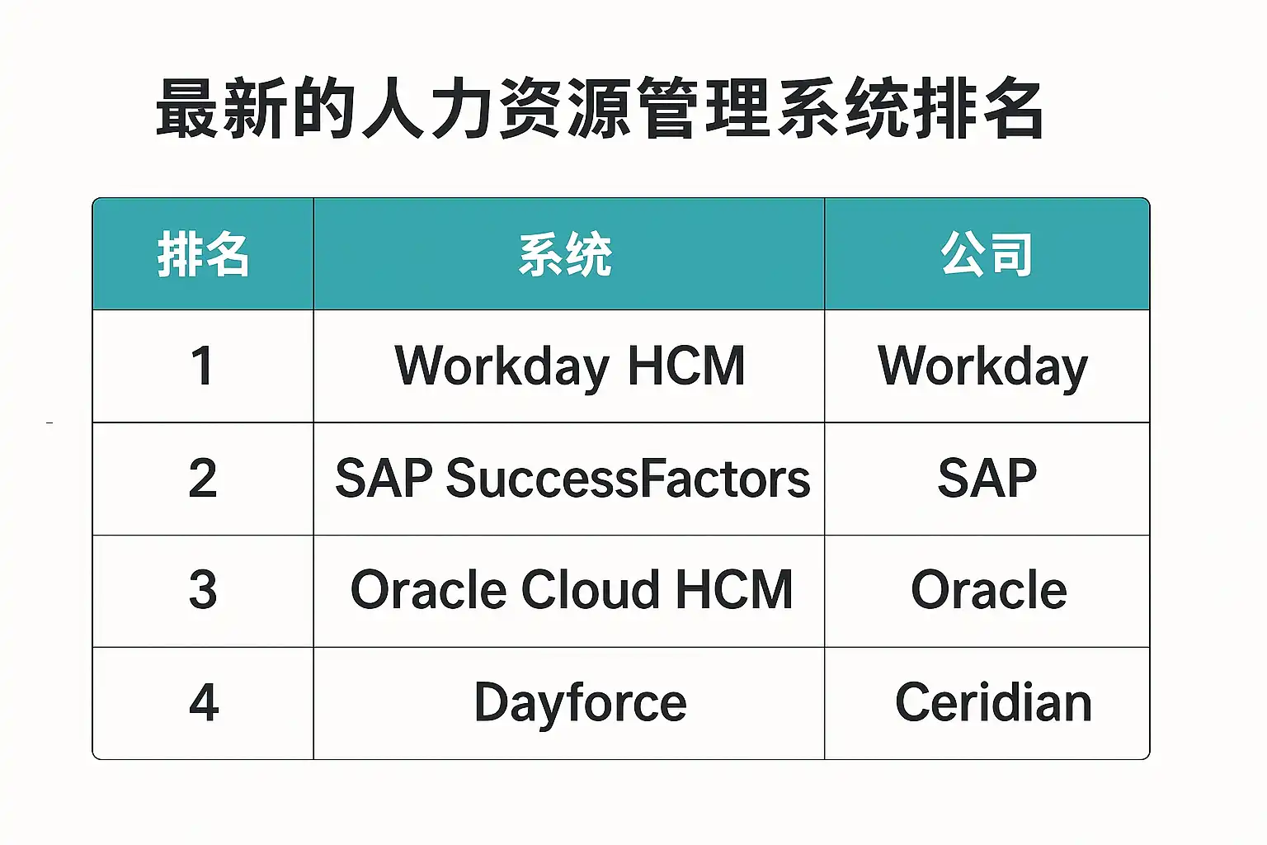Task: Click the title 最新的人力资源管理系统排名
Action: click(x=600, y=108)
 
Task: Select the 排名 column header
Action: click(x=203, y=254)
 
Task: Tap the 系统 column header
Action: click(x=566, y=254)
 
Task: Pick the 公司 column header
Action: click(x=987, y=254)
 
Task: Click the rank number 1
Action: click(x=202, y=366)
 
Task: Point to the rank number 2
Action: click(x=202, y=478)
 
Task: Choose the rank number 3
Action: click(x=202, y=590)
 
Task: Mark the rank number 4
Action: click(x=204, y=701)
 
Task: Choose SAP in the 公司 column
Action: click(x=987, y=479)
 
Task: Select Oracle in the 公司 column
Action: click(x=989, y=590)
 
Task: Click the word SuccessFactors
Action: click(x=629, y=479)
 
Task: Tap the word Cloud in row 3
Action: click(x=590, y=590)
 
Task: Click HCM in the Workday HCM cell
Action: click(x=686, y=366)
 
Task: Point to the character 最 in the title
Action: click(x=186, y=108)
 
